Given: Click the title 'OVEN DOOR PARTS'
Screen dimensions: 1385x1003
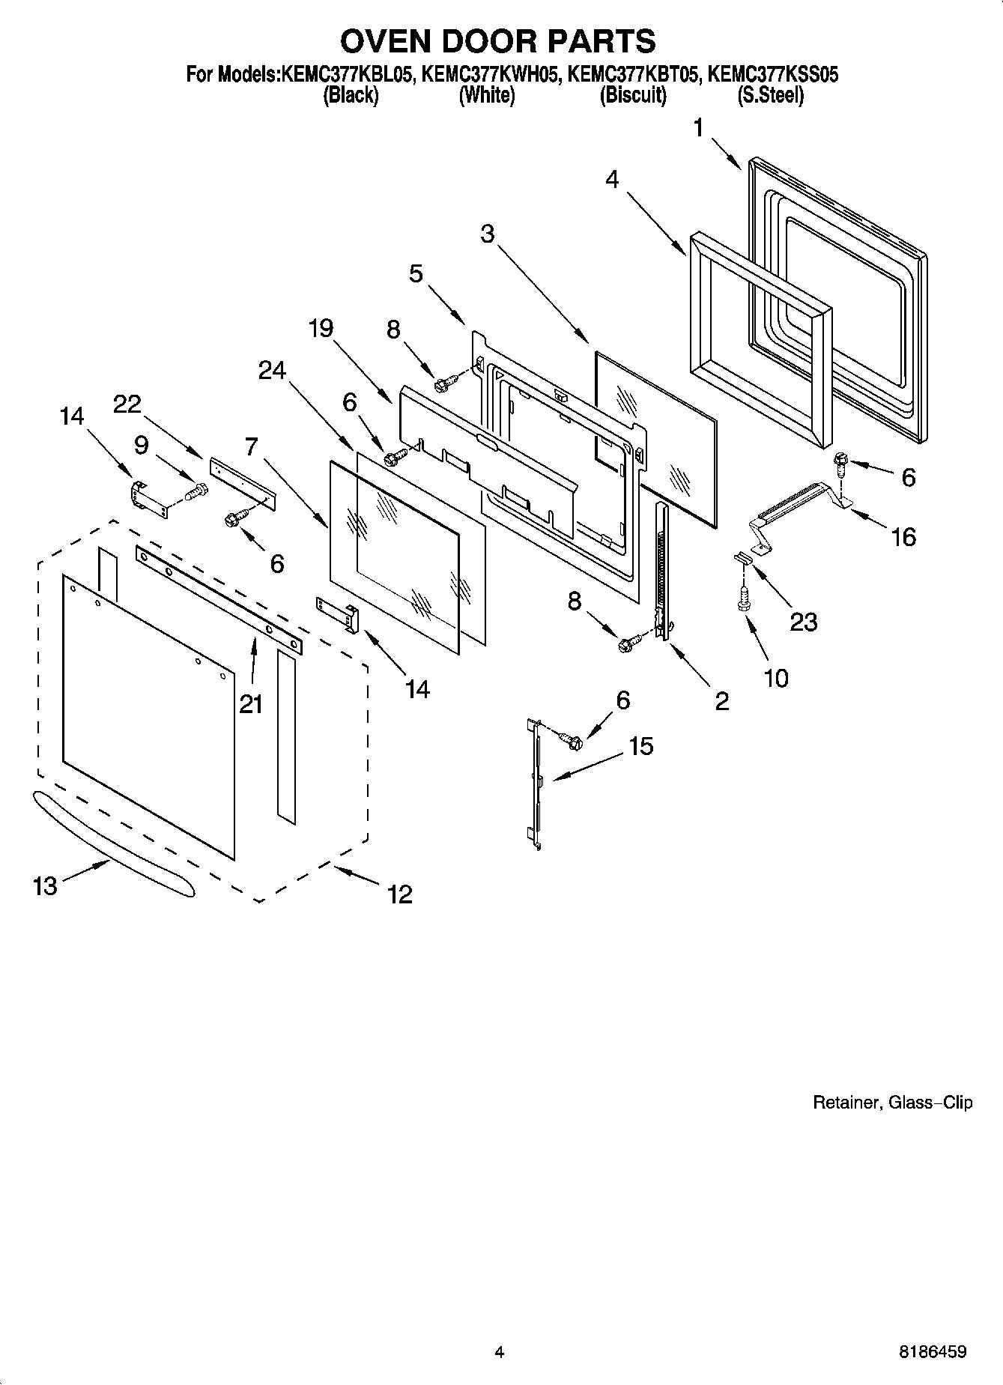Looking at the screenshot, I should pyautogui.click(x=498, y=40).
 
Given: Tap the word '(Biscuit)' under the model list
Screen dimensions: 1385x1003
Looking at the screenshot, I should pyautogui.click(x=633, y=96).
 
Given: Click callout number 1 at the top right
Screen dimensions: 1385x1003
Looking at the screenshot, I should pyautogui.click(x=698, y=129).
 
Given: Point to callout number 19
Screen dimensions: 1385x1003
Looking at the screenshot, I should pyautogui.click(x=321, y=329).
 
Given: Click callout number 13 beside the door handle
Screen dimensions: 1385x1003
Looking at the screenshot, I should pyautogui.click(x=45, y=886).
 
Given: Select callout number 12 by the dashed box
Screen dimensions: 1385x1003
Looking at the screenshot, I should pyautogui.click(x=400, y=894).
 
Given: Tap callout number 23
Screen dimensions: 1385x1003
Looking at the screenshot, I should pyautogui.click(x=803, y=621).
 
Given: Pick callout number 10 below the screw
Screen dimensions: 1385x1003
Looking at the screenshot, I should pyautogui.click(x=776, y=679).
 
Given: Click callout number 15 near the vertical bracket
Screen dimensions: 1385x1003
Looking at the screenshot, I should pyautogui.click(x=641, y=746).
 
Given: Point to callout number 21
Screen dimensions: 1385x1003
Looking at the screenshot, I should pyautogui.click(x=251, y=704).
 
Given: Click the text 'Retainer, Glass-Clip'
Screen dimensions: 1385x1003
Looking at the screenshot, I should pyautogui.click(x=892, y=1103).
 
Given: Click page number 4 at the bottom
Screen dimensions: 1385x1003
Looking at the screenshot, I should pyautogui.click(x=499, y=1352).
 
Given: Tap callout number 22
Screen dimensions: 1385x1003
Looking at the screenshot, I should pyautogui.click(x=127, y=404).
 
